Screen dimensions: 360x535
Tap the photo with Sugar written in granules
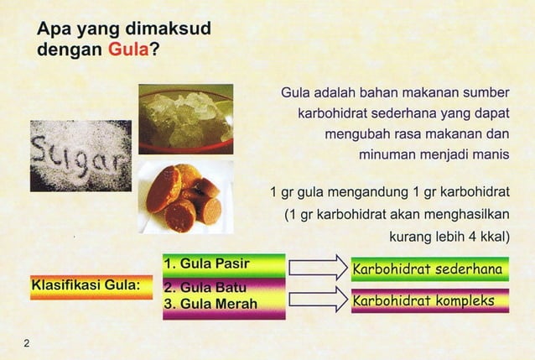[x=81, y=156]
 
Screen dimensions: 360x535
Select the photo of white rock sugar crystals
[x=185, y=118]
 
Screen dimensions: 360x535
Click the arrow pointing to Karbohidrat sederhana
[x=316, y=268]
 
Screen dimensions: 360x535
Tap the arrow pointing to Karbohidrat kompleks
[x=316, y=298]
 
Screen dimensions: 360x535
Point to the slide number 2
[x=27, y=342]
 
